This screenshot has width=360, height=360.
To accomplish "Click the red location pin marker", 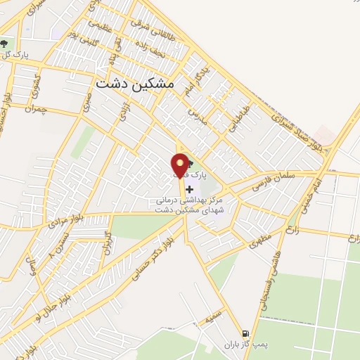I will point(181,166).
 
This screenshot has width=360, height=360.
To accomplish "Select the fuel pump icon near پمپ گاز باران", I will point(245,333).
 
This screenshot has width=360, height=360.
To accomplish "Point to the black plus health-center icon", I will point(189,190).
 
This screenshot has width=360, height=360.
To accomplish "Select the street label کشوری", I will point(37,88).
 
